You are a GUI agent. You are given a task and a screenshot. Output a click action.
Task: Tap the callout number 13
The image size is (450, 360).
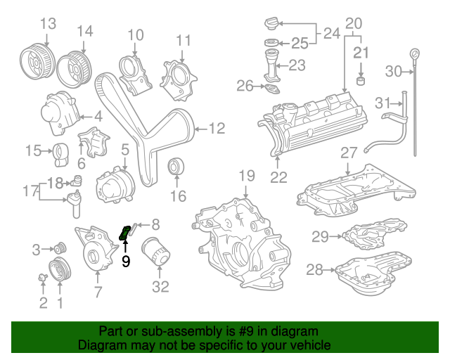coord(48,24)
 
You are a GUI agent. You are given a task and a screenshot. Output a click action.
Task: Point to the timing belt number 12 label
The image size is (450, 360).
coord(216,128)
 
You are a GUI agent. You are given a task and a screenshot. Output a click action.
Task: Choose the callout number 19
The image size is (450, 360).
coord(245,175)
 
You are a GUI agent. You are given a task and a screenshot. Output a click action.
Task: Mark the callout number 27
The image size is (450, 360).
coord(349,153)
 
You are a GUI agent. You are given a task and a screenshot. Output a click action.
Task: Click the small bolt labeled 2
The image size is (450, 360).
coord(42,278)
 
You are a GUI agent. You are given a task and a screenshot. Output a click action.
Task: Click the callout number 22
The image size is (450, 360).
coord(278,177)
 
